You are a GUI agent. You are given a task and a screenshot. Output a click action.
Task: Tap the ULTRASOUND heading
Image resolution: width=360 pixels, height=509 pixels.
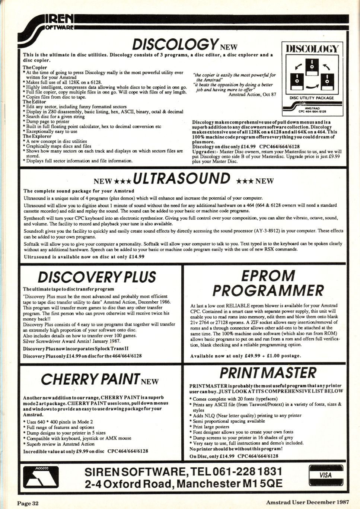(182, 179)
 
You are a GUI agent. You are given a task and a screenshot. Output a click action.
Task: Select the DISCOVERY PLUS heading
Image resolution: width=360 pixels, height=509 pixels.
(97, 277)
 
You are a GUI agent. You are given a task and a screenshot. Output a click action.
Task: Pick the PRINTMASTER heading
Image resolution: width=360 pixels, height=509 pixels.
(268, 373)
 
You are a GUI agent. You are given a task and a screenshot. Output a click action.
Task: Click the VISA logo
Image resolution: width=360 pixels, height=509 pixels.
(325, 475)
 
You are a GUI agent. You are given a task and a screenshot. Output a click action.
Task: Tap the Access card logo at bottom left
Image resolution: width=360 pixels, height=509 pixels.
(40, 477)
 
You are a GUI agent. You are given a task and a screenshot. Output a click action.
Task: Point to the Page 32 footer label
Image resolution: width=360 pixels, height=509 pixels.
(28, 503)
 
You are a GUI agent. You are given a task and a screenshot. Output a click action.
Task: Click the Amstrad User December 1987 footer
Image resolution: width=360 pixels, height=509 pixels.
(308, 503)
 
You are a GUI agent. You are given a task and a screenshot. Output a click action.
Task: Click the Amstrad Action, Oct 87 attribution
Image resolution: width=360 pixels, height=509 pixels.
(252, 95)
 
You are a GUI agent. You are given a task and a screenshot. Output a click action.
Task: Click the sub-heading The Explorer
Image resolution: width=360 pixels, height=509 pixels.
(37, 136)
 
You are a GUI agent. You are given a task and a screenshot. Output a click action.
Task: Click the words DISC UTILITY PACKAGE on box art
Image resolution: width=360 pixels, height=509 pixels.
(312, 98)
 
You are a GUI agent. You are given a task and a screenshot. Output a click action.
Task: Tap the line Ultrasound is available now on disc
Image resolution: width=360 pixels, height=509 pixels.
(84, 257)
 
